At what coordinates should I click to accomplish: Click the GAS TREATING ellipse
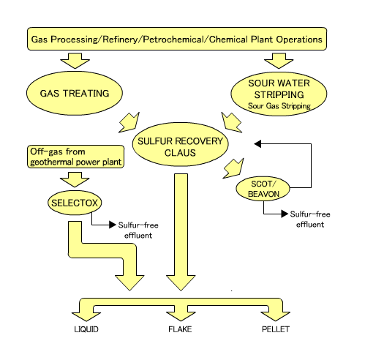[75, 93]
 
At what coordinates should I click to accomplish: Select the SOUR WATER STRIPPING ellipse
[279, 94]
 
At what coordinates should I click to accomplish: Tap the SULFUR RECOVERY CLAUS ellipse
[180, 144]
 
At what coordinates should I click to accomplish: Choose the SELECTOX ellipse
[75, 203]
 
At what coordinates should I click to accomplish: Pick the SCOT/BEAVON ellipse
[263, 189]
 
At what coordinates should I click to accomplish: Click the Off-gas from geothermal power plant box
[75, 157]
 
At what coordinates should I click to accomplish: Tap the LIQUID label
[86, 329]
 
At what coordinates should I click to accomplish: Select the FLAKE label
[180, 329]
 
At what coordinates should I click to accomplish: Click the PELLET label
[276, 329]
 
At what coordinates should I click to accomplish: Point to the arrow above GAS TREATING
[75, 61]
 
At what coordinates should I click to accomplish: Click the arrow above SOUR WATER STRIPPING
[279, 61]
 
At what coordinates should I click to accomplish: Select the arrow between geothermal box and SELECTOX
[75, 179]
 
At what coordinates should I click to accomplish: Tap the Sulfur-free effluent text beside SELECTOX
[138, 230]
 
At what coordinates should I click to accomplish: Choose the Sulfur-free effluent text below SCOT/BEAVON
[310, 219]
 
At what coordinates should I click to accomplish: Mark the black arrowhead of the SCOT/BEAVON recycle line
[257, 144]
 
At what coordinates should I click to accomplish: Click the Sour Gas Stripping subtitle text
[279, 106]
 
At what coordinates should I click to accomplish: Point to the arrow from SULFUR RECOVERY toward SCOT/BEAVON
[233, 168]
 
